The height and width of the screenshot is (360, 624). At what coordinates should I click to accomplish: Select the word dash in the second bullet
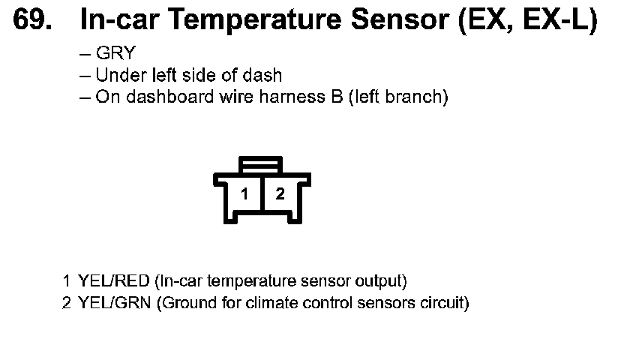pyautogui.click(x=265, y=75)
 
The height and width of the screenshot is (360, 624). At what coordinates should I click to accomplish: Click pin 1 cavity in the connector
pyautogui.click(x=244, y=194)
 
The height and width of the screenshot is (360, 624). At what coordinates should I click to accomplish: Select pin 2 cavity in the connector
pyautogui.click(x=280, y=194)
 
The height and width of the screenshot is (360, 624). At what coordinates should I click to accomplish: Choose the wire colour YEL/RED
pyautogui.click(x=113, y=282)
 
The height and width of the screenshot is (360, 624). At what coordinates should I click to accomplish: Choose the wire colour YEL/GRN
pyautogui.click(x=114, y=304)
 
